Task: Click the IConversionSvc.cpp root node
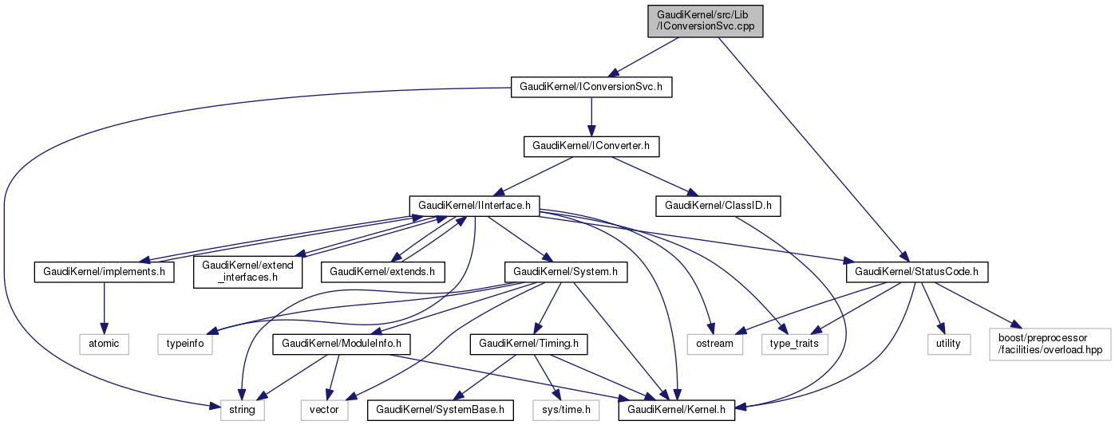(x=706, y=20)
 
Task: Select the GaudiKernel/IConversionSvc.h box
(x=591, y=86)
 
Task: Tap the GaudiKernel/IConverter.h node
(x=591, y=146)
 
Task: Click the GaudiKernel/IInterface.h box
(x=474, y=206)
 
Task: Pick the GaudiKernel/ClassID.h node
(x=718, y=206)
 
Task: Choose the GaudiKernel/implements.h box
(x=105, y=272)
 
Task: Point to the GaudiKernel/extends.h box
(x=383, y=272)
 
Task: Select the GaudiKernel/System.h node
(x=566, y=272)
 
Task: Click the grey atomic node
(x=105, y=344)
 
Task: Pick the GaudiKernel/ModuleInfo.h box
(x=341, y=344)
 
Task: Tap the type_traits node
(x=795, y=344)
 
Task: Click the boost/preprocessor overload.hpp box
(x=1050, y=344)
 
